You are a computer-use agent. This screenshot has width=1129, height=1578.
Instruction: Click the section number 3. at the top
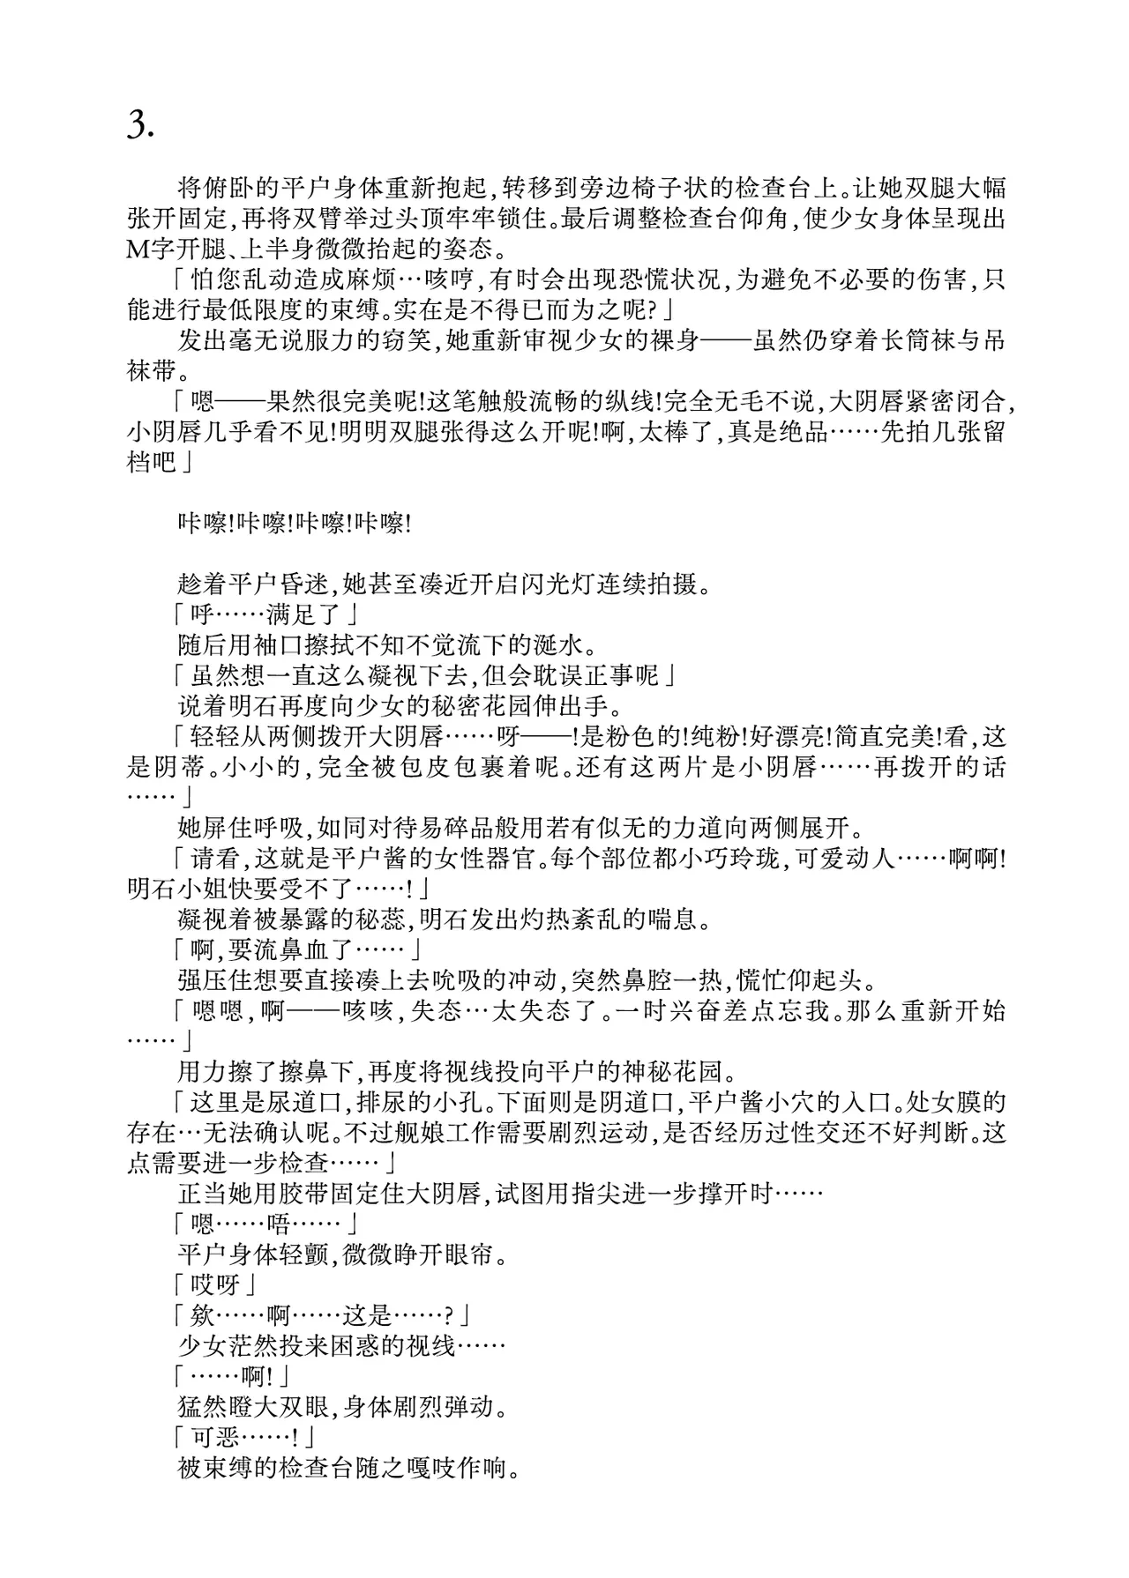(x=141, y=127)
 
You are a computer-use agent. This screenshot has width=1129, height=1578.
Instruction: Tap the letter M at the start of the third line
(x=139, y=249)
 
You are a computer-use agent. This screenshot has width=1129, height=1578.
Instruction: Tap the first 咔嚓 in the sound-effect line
(x=203, y=524)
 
